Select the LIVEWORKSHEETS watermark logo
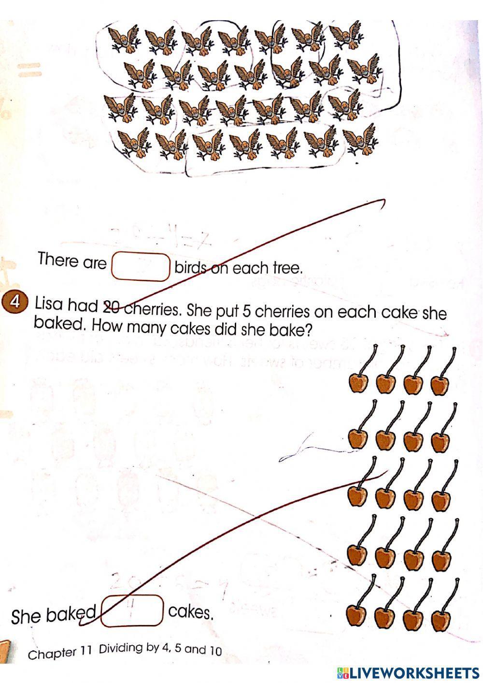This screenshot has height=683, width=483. click(408, 672)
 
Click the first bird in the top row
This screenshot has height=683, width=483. click(123, 39)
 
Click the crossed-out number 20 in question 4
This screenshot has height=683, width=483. click(112, 306)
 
